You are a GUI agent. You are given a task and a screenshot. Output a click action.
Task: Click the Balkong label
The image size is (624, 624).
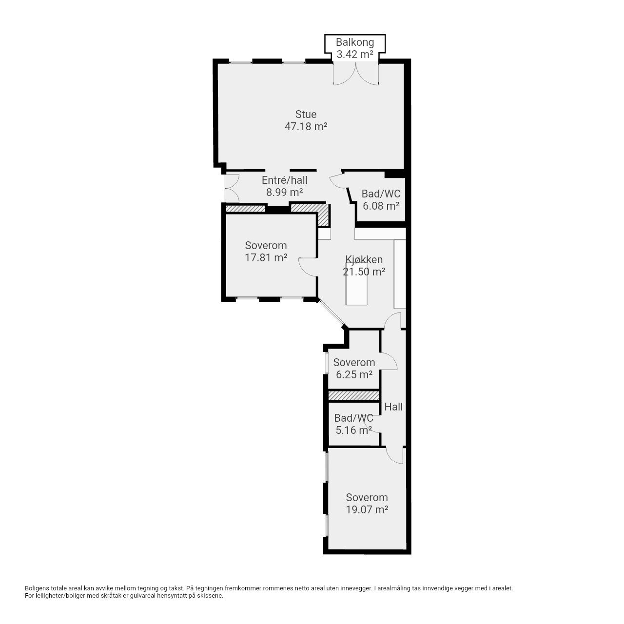[354, 42]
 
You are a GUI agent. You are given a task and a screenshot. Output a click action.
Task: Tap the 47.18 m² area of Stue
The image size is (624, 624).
[306, 126]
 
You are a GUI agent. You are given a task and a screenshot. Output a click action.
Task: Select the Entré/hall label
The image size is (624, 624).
[284, 180]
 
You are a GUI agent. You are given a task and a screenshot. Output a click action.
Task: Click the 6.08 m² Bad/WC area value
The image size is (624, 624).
[381, 206]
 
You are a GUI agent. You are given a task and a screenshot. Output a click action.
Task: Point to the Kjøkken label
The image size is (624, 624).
[364, 259]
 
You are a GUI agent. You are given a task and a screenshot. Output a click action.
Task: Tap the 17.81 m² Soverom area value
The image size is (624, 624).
[266, 258]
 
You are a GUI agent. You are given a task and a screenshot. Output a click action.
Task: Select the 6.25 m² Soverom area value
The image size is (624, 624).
[354, 375]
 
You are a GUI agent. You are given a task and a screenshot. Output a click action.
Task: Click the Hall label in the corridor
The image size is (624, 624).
[393, 407]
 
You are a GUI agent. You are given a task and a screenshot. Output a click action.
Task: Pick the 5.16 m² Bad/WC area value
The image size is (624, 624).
[353, 430]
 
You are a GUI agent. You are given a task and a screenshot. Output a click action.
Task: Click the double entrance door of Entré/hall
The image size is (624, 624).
[232, 188]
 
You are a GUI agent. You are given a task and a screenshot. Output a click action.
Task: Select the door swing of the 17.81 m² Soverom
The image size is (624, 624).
[307, 268]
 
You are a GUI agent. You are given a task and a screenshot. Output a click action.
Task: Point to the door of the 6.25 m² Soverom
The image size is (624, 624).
[388, 361]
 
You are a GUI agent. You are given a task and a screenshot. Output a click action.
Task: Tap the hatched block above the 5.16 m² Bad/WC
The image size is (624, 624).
[353, 395]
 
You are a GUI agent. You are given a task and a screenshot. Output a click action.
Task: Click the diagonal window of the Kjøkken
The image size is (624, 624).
[331, 313]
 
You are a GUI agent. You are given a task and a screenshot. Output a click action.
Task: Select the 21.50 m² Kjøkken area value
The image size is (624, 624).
[364, 272]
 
